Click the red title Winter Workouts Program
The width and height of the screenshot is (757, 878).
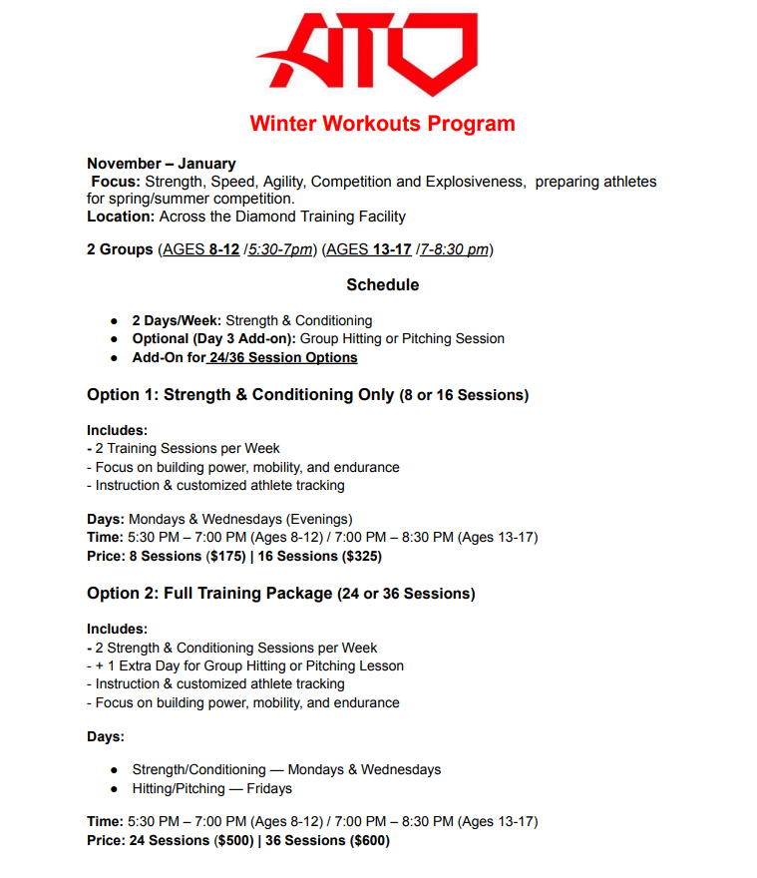coord(382,125)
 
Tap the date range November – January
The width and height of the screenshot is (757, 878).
coord(162,164)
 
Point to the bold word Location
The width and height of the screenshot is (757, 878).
coord(121,217)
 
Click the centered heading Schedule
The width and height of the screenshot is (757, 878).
coord(382,285)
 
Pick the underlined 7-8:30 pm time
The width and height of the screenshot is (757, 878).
coord(454,249)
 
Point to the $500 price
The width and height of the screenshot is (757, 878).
coord(229,840)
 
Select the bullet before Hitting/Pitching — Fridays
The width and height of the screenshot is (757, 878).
coord(115,788)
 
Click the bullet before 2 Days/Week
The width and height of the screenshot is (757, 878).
coord(115,321)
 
